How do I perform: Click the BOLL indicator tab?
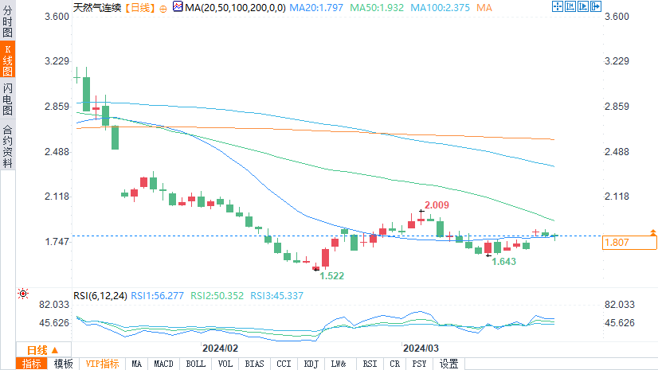195,364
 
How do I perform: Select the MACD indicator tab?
164,364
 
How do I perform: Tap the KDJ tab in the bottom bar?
310,364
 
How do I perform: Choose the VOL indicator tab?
225,364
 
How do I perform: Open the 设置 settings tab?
449,364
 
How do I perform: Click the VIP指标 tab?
103,364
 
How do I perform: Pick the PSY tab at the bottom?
419,364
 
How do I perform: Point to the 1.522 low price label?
332,275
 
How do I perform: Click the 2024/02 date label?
221,349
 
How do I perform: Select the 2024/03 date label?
421,349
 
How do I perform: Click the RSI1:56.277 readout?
158,296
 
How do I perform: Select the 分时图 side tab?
7,21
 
